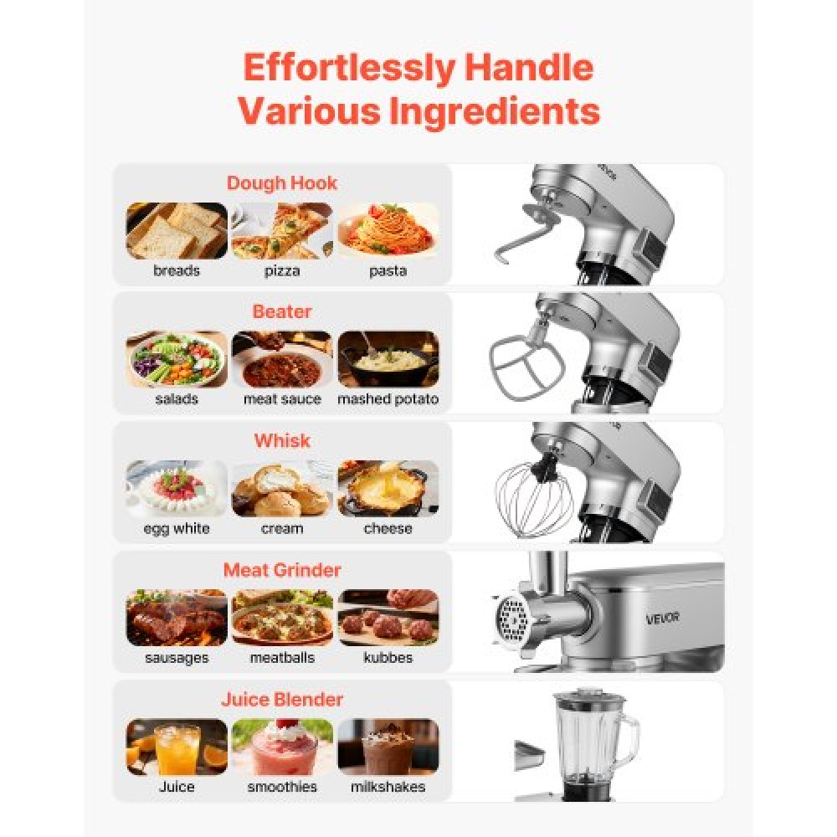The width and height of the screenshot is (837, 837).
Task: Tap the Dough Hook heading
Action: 282,182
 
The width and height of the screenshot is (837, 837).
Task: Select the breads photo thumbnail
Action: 177,230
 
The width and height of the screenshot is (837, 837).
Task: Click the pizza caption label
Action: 282,271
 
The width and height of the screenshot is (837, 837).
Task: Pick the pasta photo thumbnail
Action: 388,230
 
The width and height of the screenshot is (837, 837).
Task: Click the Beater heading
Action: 282,311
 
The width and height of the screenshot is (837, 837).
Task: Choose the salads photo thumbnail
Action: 177,359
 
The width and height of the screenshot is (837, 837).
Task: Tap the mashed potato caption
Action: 388,399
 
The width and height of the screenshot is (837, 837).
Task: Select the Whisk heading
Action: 282,440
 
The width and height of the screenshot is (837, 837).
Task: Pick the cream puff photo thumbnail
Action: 282,489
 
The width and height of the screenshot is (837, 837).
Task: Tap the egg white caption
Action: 177,529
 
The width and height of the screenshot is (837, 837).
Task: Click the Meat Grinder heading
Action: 282,570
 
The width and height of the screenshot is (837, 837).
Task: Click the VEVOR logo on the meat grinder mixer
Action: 662,618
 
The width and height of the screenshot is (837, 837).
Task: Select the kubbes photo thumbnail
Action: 388,618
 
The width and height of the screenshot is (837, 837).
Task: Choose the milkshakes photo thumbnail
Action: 388,747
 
